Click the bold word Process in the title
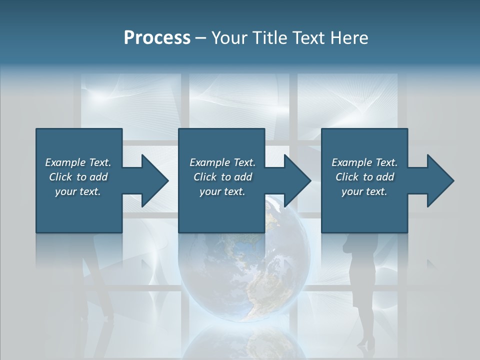(157, 38)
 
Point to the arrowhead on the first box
(152, 180)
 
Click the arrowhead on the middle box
(295, 180)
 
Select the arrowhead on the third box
(438, 180)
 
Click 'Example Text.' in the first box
(78, 162)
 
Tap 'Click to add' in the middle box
(222, 177)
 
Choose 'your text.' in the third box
(364, 191)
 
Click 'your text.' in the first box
(78, 191)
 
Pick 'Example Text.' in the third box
(364, 162)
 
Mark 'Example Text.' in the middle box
(222, 162)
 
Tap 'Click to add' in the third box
(364, 177)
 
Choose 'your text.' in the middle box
(222, 191)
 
